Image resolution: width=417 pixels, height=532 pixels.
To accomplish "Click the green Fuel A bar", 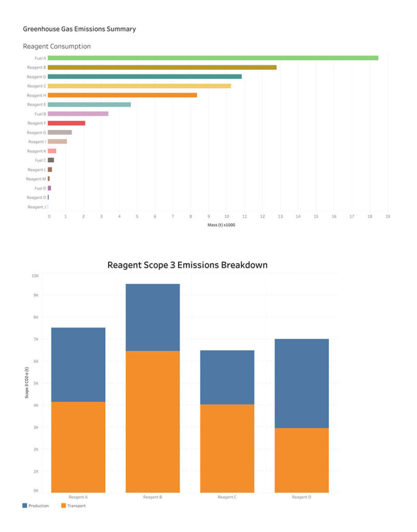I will click(213, 58).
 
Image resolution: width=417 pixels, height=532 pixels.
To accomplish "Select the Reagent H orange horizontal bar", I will click(122, 95).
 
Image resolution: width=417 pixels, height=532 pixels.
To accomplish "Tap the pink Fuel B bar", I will click(78, 114).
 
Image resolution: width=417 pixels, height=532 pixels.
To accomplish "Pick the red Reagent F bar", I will click(66, 123).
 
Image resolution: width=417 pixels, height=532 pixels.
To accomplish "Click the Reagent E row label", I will click(36, 104).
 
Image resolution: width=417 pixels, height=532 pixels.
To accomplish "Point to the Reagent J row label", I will click(36, 207).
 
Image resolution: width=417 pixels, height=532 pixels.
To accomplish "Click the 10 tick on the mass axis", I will click(226, 216).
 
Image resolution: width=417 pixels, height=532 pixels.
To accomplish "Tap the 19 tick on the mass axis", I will click(387, 216).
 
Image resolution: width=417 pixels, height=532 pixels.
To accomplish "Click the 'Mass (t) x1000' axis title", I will click(218, 225).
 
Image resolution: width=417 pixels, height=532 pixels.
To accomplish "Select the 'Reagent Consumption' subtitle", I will click(57, 46).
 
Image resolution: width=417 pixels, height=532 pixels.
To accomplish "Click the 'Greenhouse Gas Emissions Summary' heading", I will click(79, 29).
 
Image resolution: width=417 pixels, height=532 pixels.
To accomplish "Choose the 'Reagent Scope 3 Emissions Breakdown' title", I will click(187, 265).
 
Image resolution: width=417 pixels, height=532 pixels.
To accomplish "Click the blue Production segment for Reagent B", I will click(153, 317).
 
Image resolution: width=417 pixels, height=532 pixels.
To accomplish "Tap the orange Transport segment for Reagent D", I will click(302, 460).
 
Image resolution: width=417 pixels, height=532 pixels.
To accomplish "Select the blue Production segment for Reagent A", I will click(78, 364).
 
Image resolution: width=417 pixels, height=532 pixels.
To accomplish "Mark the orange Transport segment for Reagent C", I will click(227, 448).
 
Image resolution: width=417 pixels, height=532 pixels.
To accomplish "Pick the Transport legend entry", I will click(74, 506).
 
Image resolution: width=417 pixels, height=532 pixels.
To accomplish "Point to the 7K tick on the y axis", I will click(35, 339).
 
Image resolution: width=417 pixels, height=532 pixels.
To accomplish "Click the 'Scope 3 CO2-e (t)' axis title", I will click(26, 382).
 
